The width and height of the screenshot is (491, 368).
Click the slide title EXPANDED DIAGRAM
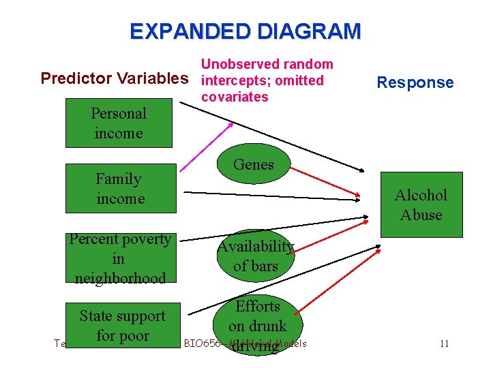click(245, 31)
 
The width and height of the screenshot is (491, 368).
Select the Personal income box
click(119, 123)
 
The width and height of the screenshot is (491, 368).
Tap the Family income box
click(120, 189)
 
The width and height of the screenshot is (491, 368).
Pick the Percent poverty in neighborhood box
click(120, 258)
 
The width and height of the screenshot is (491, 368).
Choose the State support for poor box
click(123, 326)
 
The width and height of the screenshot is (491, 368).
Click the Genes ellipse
click(254, 165)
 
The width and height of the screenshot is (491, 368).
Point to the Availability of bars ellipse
click(256, 256)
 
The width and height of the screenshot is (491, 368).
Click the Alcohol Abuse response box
click(421, 205)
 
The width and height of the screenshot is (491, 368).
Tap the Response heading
click(415, 83)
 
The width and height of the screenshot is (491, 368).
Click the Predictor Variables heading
click(113, 78)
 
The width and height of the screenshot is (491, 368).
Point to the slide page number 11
click(444, 343)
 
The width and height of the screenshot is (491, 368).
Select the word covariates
click(235, 97)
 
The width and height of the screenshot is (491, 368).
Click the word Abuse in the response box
click(421, 215)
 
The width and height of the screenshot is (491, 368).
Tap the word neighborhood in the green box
click(120, 278)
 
